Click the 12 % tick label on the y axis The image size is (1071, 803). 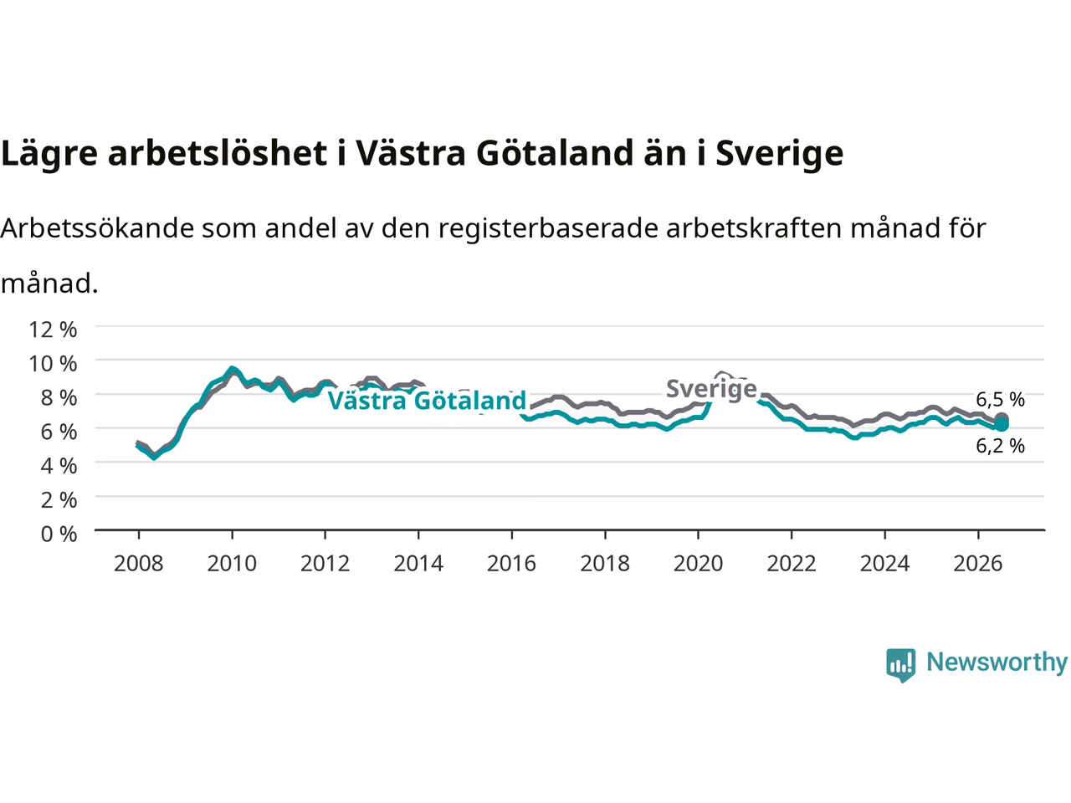[x=54, y=330]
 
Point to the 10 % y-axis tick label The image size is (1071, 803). [x=54, y=364]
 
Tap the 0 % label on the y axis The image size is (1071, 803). [x=59, y=534]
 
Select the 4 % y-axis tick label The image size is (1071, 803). [x=59, y=466]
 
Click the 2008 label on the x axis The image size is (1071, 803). [x=139, y=564]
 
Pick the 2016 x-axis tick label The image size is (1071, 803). [x=511, y=564]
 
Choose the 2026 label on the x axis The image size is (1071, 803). [x=978, y=564]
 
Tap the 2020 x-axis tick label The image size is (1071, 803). [x=698, y=564]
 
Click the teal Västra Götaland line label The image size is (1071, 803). [x=427, y=401]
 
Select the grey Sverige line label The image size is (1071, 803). [x=711, y=389]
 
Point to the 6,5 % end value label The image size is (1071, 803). [x=1000, y=399]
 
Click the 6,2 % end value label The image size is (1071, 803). [x=1000, y=446]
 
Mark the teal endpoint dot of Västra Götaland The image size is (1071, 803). [x=1002, y=425]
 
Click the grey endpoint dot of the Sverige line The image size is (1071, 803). [x=1002, y=419]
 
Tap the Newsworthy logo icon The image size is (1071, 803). [x=900, y=665]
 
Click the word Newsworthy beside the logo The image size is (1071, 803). [x=997, y=662]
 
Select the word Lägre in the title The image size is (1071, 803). [x=49, y=154]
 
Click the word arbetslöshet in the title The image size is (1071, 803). [x=217, y=152]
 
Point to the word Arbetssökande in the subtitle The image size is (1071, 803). [x=98, y=228]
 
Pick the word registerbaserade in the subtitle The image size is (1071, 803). [x=548, y=228]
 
